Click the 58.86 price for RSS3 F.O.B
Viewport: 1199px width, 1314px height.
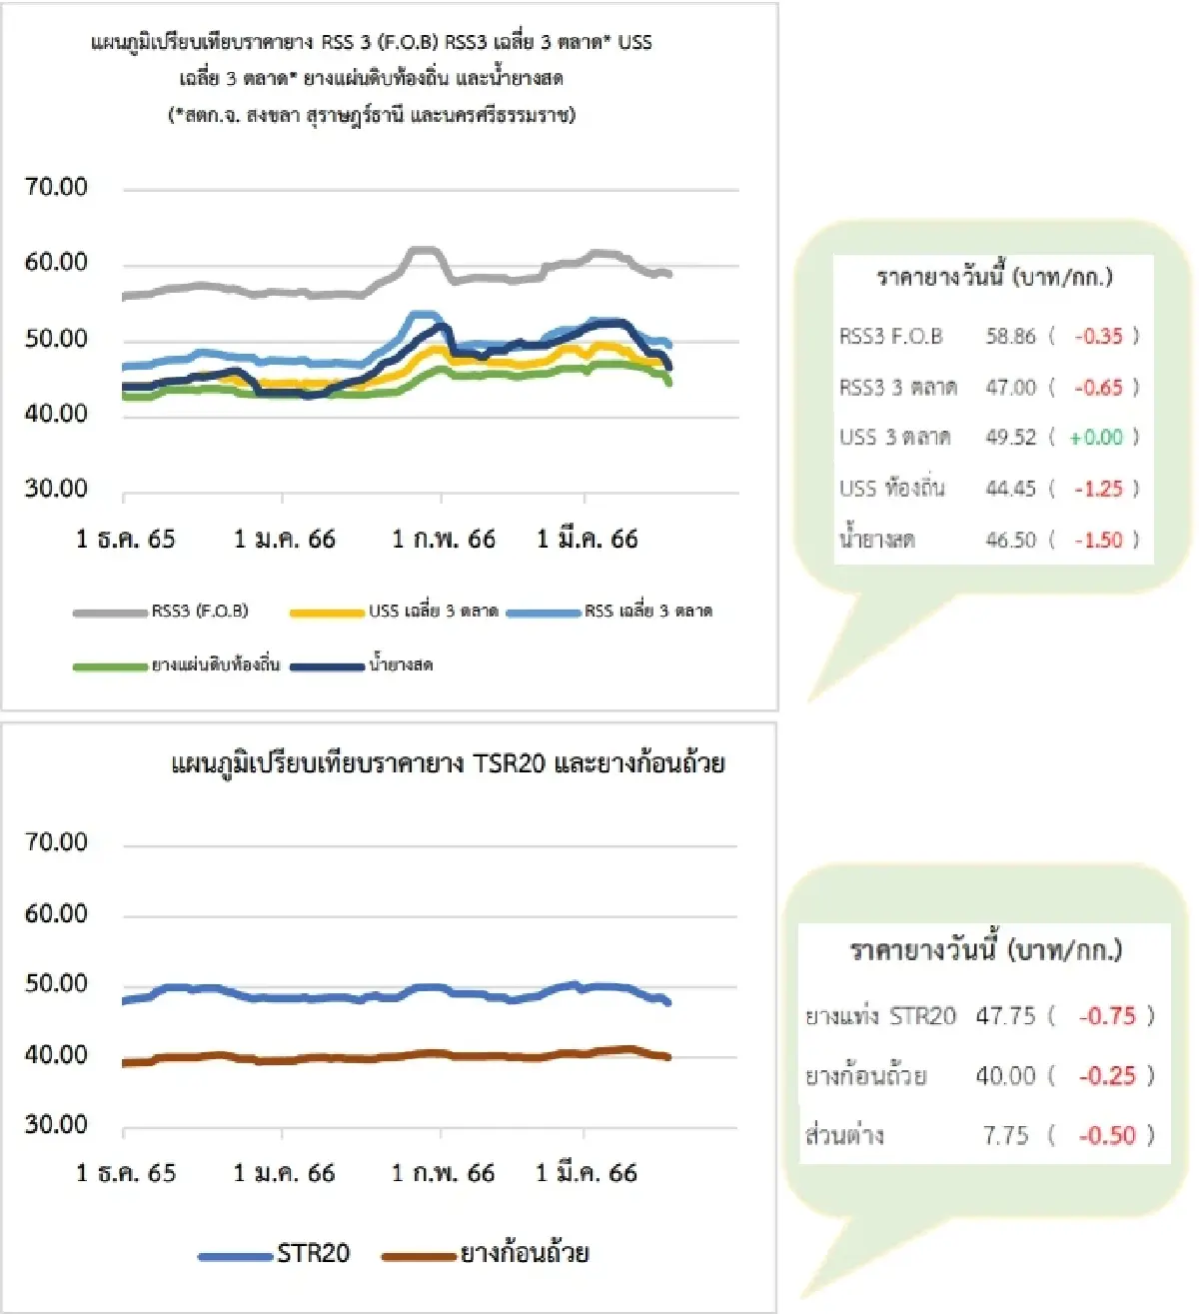[x=1010, y=337]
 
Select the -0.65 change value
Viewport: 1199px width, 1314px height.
[x=1097, y=388]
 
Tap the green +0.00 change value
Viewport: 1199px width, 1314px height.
[x=1096, y=438]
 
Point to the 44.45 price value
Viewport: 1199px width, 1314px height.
[x=1010, y=489]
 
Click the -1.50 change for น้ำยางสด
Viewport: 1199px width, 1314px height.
[x=1098, y=540]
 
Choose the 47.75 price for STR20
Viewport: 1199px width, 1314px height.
[x=1005, y=1016]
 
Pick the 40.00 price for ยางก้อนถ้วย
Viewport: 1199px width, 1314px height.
[x=1005, y=1076]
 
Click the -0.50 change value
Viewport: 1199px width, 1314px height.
[x=1107, y=1135]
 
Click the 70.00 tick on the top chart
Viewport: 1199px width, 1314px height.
[x=56, y=187]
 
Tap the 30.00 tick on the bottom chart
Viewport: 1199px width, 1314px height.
[x=56, y=1125]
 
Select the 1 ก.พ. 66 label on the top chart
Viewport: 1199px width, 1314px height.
[x=443, y=540]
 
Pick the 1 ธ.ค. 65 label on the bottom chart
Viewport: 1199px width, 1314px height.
[x=126, y=1173]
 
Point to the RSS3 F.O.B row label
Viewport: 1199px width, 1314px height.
[x=890, y=337]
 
